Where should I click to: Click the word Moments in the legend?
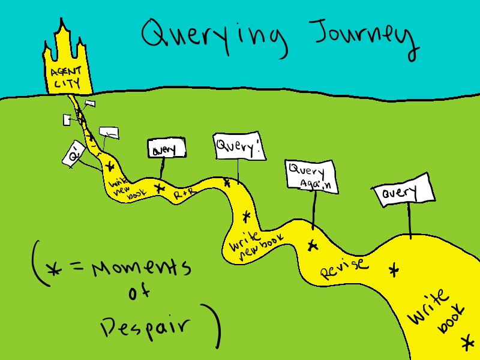[x=142, y=268]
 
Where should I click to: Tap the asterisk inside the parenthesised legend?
[x=55, y=269]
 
